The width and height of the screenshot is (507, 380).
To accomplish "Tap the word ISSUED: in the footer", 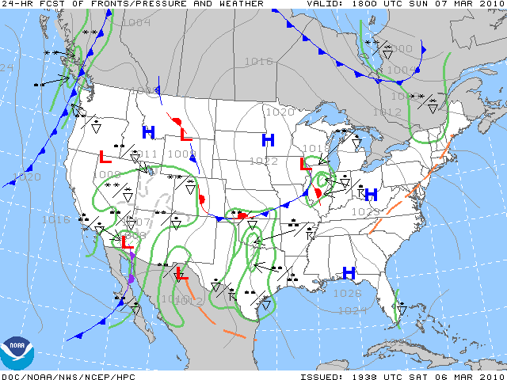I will click(322, 375).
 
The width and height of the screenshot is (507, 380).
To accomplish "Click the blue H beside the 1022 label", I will click(269, 141).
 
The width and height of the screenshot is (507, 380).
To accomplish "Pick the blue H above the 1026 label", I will click(348, 273).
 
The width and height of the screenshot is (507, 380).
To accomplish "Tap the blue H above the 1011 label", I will click(148, 132).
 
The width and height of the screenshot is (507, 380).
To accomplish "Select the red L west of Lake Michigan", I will click(304, 164).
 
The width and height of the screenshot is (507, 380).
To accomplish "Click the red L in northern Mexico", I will click(181, 274).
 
